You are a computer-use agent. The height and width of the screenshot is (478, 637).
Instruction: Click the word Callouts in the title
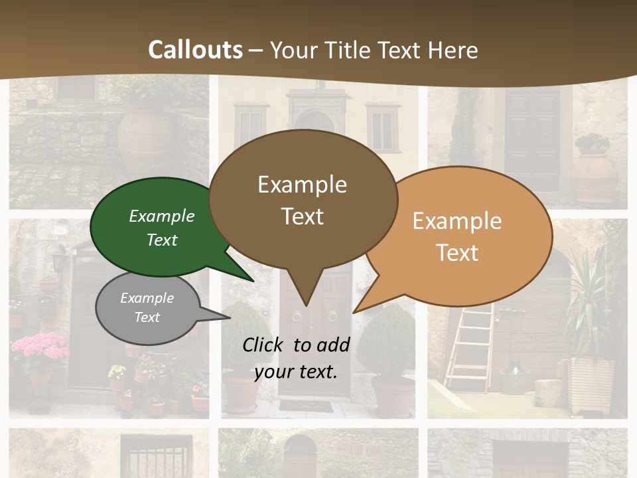point(195,50)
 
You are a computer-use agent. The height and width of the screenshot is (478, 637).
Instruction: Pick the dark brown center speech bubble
point(303,199)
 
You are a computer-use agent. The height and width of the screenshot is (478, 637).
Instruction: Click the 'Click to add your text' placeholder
point(296,358)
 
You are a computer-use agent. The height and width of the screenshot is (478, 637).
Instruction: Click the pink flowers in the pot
point(40,348)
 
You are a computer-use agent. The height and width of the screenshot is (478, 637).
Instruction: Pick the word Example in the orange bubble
point(457,221)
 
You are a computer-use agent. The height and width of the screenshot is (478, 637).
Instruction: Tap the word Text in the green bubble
point(162,240)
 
